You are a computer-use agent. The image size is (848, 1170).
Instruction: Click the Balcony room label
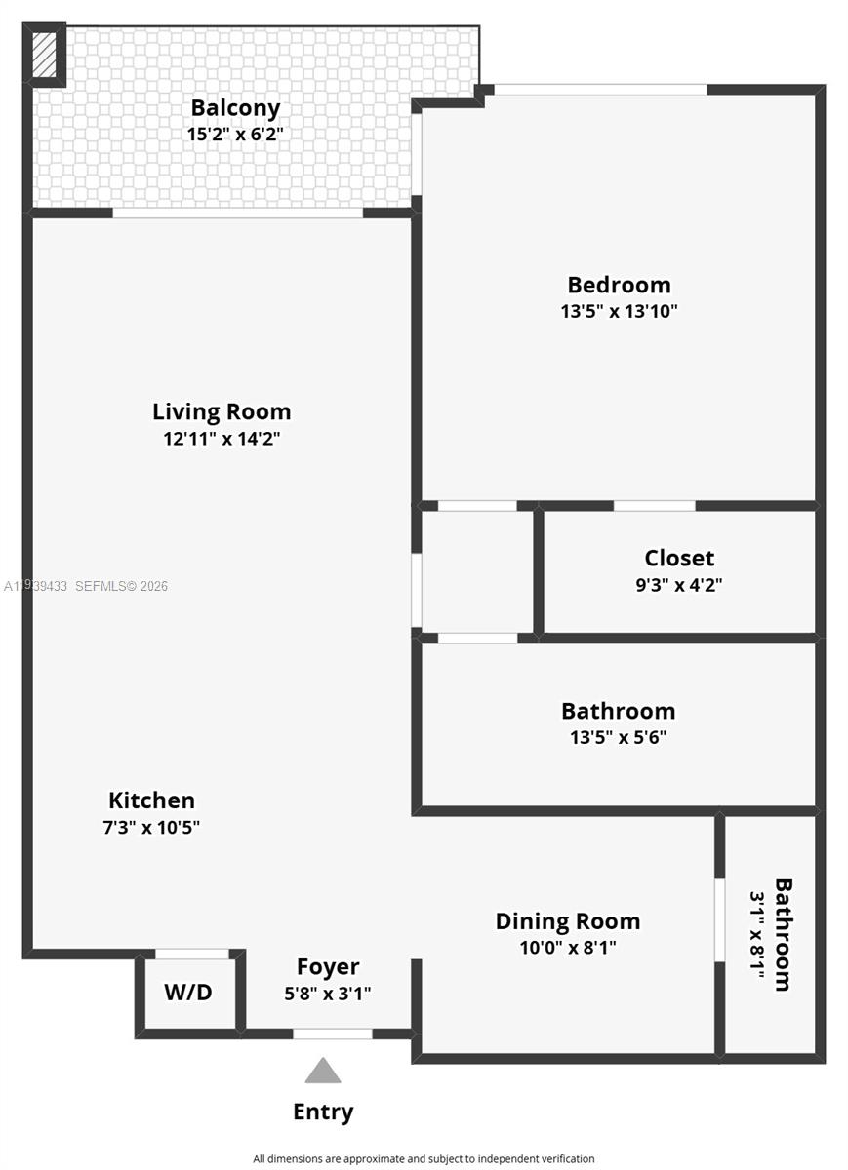(x=235, y=108)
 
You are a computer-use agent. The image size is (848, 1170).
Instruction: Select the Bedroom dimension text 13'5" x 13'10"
(x=619, y=312)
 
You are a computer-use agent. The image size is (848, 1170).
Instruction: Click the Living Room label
(x=222, y=411)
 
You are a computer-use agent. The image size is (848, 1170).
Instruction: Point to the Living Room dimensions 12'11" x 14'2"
(x=222, y=439)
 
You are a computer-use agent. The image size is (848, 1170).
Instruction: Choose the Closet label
(x=679, y=559)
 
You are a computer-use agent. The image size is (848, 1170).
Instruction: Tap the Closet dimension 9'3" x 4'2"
(x=679, y=585)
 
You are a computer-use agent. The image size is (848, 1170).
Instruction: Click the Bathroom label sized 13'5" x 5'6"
(x=618, y=711)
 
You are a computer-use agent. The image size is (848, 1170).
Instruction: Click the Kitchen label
(x=151, y=800)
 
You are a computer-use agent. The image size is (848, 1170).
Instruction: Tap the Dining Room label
(x=568, y=921)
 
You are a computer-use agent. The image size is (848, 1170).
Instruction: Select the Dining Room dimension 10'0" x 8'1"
(x=568, y=947)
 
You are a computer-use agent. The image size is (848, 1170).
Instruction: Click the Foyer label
(x=328, y=967)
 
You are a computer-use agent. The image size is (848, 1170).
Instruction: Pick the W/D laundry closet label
(x=187, y=993)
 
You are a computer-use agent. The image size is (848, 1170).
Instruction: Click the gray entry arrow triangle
(x=323, y=1072)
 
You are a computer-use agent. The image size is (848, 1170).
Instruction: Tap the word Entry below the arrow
(x=323, y=1111)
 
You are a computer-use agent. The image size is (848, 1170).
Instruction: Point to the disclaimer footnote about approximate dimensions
(x=424, y=1159)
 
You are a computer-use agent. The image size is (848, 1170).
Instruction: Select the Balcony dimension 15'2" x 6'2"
(x=235, y=135)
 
